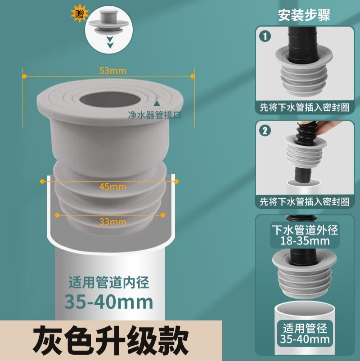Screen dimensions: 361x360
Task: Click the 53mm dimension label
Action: pos(113,71)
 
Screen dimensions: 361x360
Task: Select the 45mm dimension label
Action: pos(112,186)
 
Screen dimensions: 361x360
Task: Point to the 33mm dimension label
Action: pos(112,221)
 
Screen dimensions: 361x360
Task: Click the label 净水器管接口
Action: pos(154,116)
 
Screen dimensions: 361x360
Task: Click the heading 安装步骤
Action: pos(304,15)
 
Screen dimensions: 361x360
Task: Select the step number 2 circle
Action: pos(266,131)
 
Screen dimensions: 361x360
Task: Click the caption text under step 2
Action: pos(304,201)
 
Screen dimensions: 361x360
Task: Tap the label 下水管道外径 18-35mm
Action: pos(304,234)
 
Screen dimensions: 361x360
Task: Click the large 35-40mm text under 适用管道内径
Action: pos(108,301)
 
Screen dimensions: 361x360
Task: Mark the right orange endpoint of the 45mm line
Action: pos(176,181)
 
